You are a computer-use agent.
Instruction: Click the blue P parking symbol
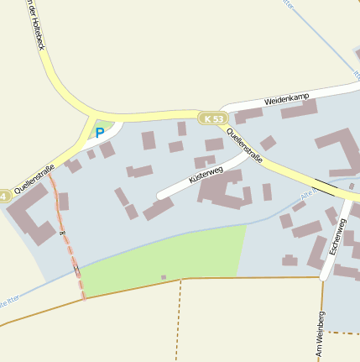(100, 133)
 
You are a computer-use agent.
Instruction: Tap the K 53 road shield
(214, 119)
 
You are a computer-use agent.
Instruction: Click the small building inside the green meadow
(164, 277)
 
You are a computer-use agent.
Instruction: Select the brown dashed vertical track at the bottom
(179, 319)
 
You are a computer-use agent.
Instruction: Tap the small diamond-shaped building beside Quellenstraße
(268, 144)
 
